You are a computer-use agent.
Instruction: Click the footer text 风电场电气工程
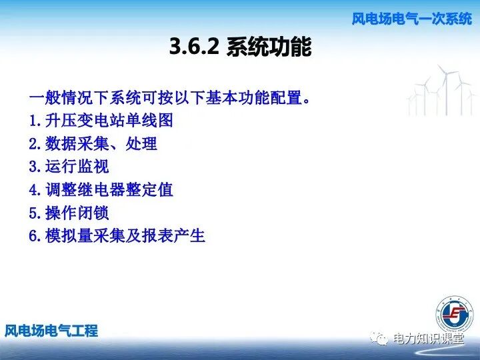pos(51,330)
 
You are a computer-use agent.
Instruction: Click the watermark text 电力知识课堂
pos(428,339)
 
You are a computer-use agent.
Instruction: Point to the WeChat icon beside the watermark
pos(381,339)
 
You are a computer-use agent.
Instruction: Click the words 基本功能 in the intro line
pos(229,99)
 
